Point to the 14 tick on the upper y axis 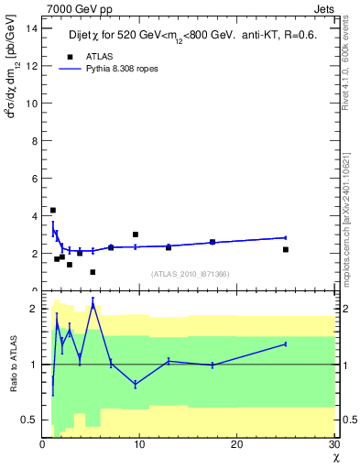32,27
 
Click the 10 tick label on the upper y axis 32,103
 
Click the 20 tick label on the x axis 236,445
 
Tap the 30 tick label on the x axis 333,445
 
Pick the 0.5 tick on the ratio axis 30,420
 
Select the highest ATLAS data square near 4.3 53,211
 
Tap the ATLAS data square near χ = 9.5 136,234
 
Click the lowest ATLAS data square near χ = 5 93,271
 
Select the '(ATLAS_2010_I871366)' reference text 190,274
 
